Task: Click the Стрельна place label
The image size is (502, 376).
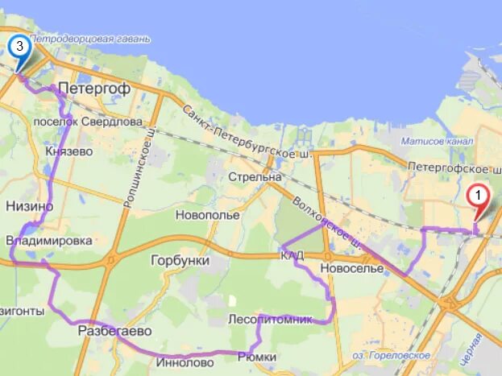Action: (255, 176)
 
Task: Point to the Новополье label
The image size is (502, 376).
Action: (208, 215)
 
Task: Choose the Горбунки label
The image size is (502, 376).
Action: (180, 261)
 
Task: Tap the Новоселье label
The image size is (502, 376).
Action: (351, 267)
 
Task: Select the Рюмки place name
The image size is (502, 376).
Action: (257, 357)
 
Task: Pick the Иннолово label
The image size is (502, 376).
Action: (185, 362)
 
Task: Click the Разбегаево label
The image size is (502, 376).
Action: (114, 331)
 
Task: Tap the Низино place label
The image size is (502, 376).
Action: (30, 206)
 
